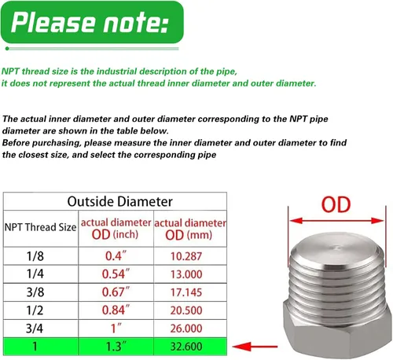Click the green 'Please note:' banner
point(92,22)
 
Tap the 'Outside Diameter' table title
point(119,201)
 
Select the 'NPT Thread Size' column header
point(40,227)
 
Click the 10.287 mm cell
point(186,256)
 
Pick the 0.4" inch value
point(116,255)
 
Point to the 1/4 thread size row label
point(35,274)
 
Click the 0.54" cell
point(116,274)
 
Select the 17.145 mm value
point(186,292)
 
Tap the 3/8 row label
point(35,292)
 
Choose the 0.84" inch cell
point(116,310)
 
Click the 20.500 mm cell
point(186,310)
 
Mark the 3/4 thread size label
point(35,328)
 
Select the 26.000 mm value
point(186,329)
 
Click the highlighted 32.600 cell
point(186,347)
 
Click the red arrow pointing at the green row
point(255,347)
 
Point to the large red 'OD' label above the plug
point(336,204)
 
